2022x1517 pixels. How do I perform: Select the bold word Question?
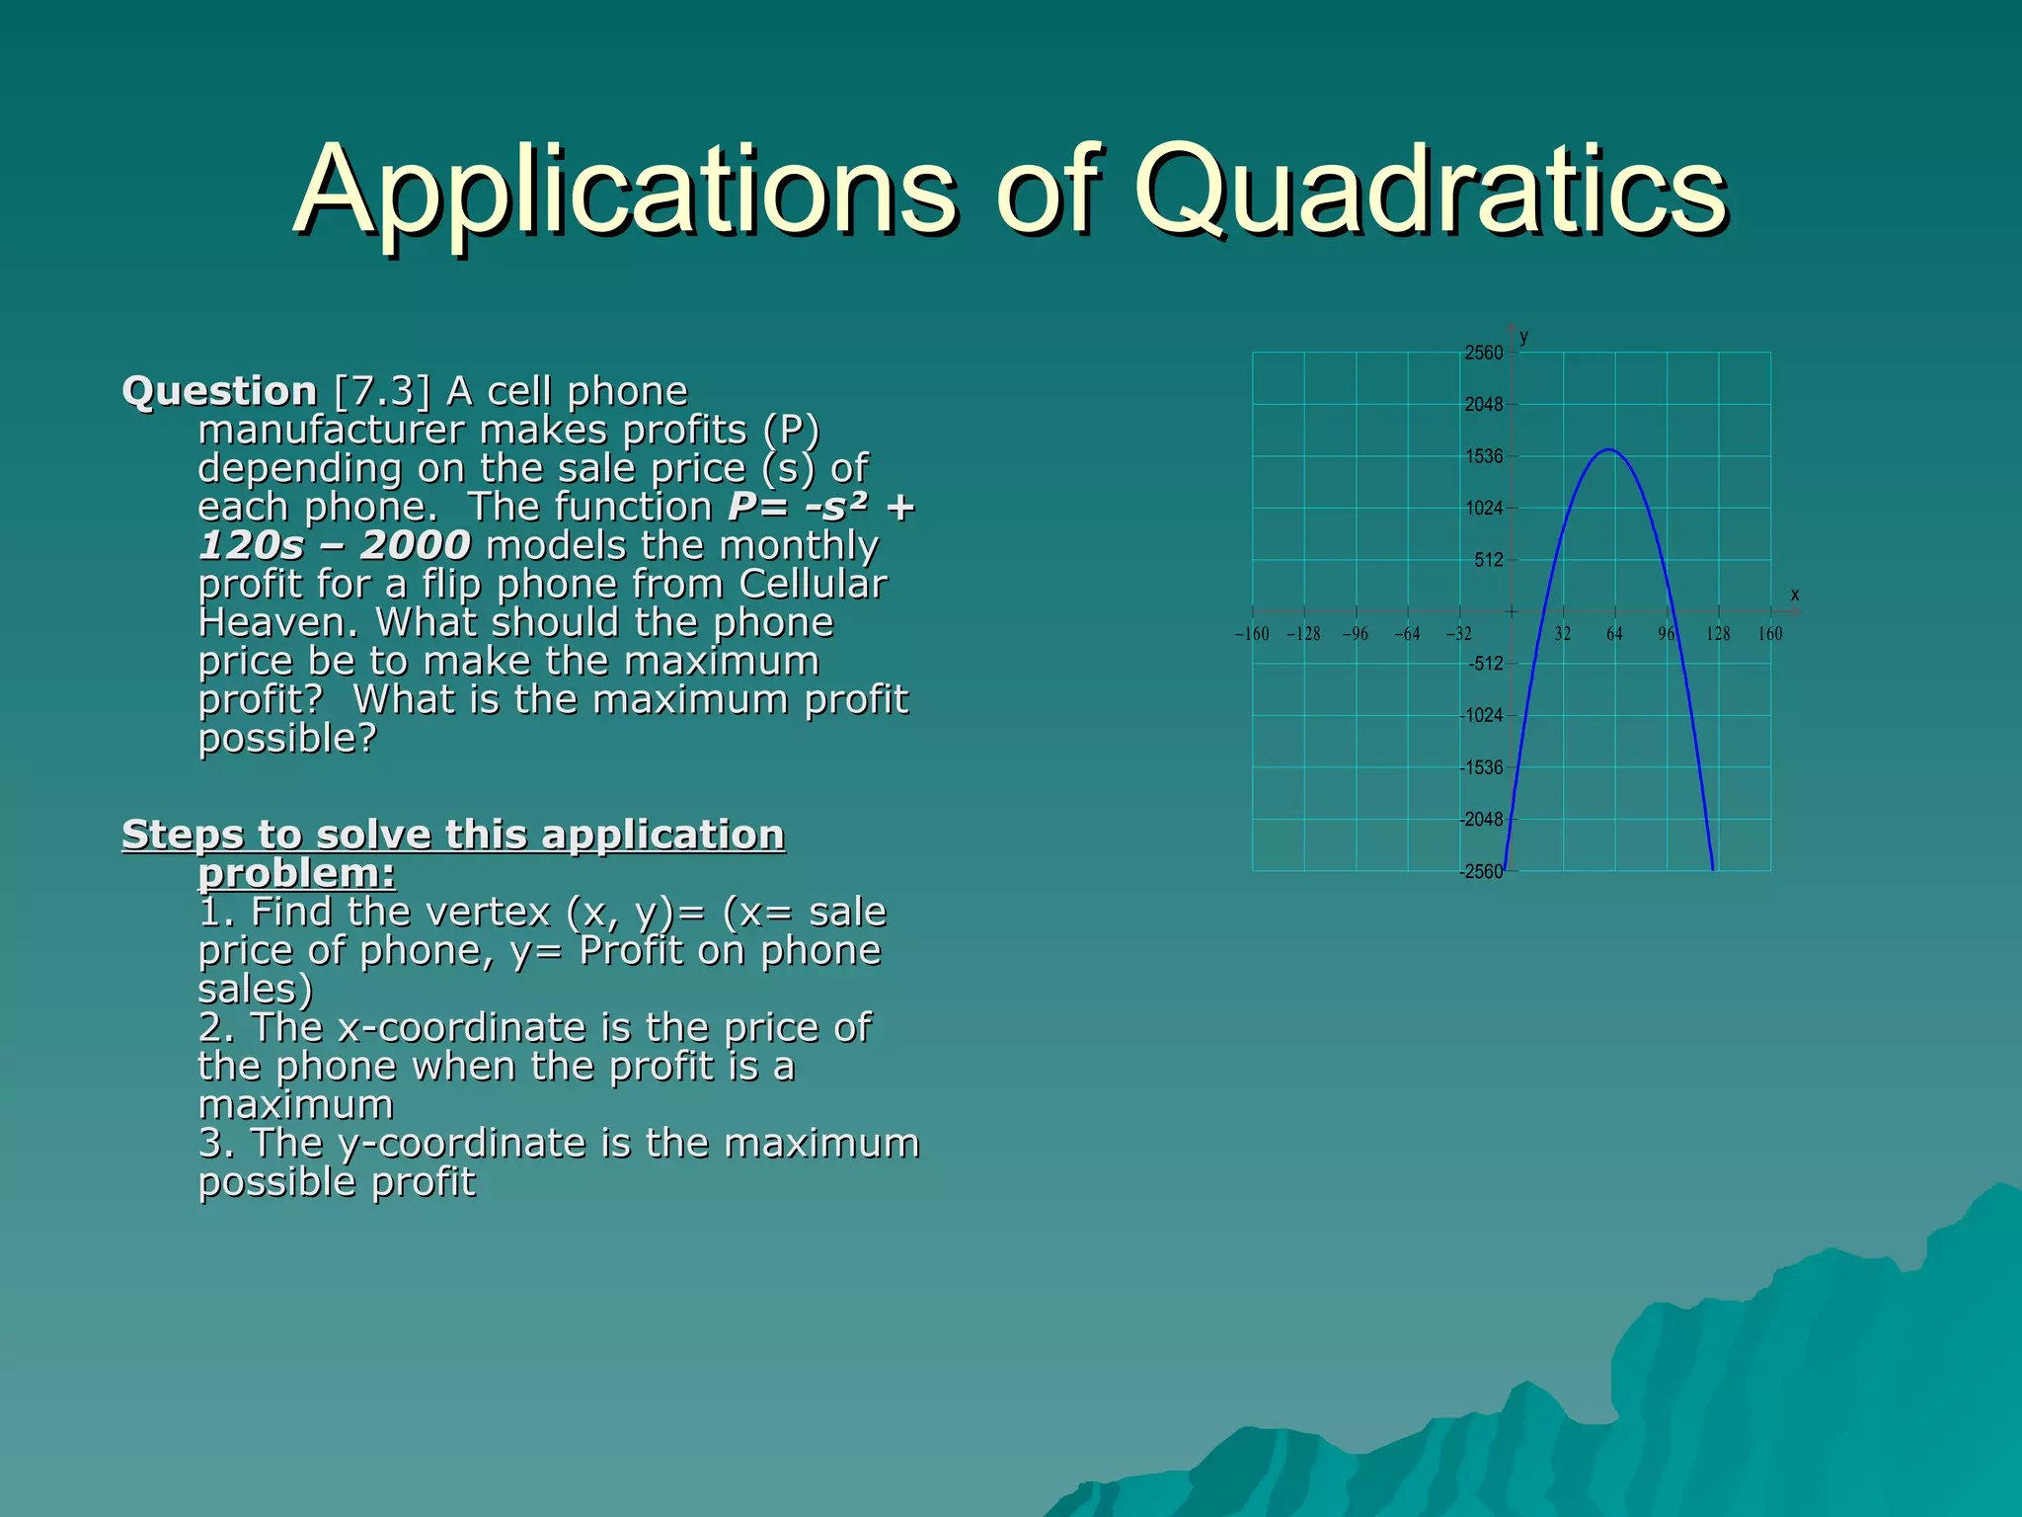[219, 392]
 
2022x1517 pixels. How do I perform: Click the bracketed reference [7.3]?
[382, 392]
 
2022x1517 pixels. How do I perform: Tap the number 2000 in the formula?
[416, 546]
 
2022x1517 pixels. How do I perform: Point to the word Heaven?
[279, 623]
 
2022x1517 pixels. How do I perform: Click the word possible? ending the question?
[287, 739]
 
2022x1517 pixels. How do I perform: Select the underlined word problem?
[296, 874]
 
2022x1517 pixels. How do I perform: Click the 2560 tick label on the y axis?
[1483, 354]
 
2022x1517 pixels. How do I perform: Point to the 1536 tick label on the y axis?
[1483, 457]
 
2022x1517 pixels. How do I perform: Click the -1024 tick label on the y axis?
[1481, 716]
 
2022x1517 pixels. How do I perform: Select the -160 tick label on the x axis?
[1252, 634]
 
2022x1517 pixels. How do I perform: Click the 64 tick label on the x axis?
[1614, 634]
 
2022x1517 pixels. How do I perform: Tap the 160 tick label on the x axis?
[1770, 634]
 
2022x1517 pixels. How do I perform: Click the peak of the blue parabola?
[1609, 450]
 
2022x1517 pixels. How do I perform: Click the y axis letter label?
[1524, 337]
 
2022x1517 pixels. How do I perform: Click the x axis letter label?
[1795, 595]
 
